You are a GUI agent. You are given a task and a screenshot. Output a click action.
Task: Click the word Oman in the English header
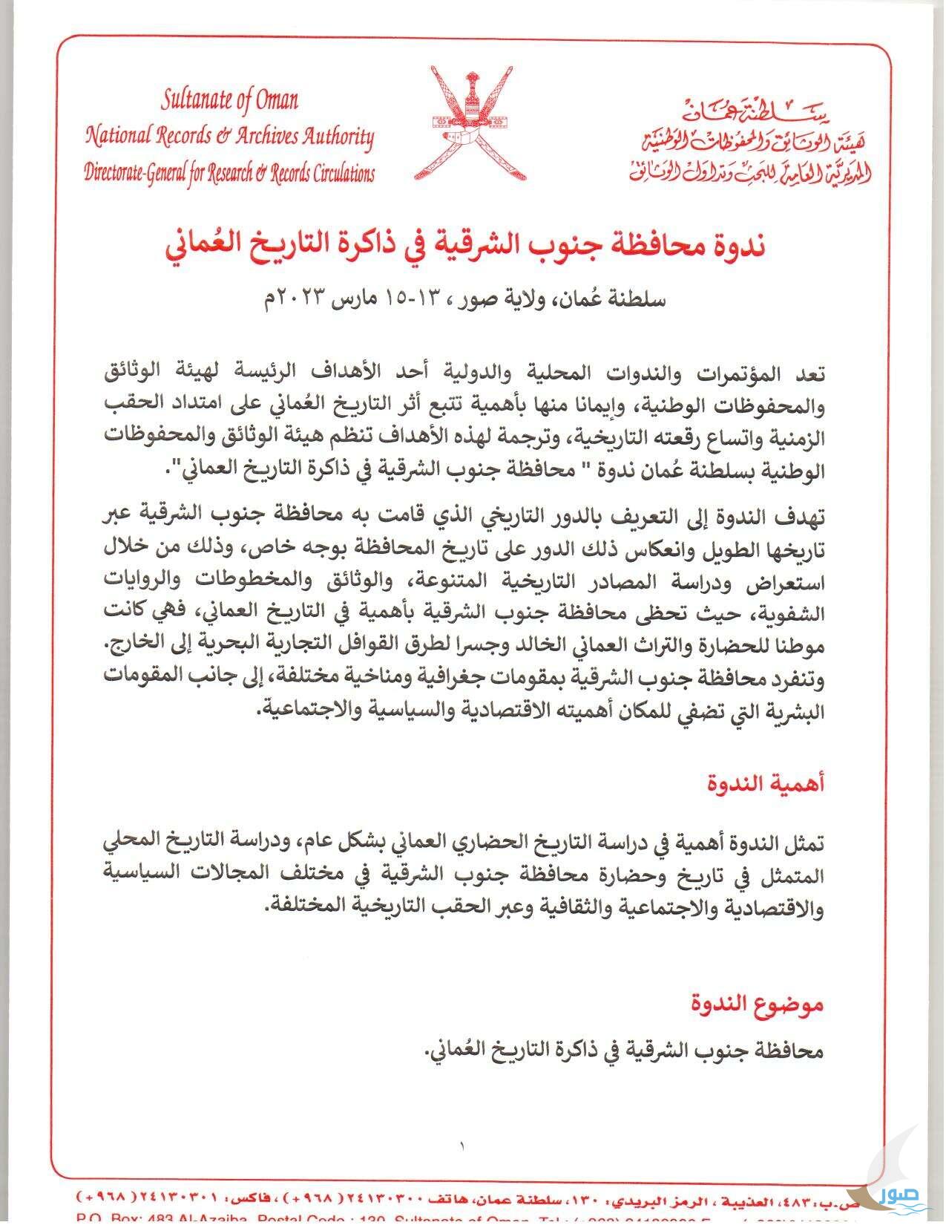pos(277,99)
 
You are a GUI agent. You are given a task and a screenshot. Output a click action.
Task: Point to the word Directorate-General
pos(133,174)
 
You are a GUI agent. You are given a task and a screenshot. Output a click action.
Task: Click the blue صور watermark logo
pos(899,1195)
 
